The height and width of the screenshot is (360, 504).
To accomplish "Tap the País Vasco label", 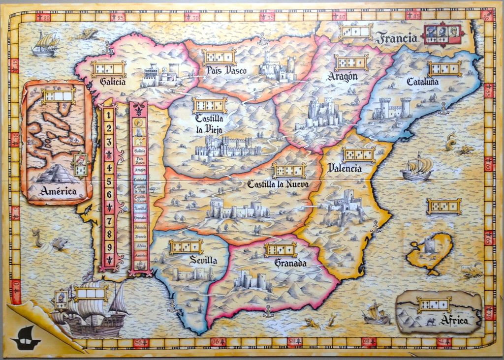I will click(x=226, y=70).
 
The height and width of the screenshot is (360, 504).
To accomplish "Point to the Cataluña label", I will click(x=422, y=82).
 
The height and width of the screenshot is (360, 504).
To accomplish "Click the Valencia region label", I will click(x=345, y=168).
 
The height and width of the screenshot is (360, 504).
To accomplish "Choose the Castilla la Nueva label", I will click(x=278, y=184).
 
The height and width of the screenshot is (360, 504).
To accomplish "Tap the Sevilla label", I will click(x=203, y=260).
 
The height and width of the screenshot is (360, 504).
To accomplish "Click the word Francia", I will click(x=396, y=37).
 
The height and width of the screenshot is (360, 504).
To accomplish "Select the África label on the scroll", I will click(x=454, y=320).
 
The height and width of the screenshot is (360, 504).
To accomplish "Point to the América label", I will click(x=58, y=190).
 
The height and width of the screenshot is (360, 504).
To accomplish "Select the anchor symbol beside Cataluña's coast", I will click(x=443, y=109).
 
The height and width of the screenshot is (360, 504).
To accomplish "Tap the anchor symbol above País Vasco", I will click(x=262, y=38).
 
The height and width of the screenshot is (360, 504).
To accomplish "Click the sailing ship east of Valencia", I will click(x=416, y=168).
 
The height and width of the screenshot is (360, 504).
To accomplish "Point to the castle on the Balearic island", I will click(x=430, y=245).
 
